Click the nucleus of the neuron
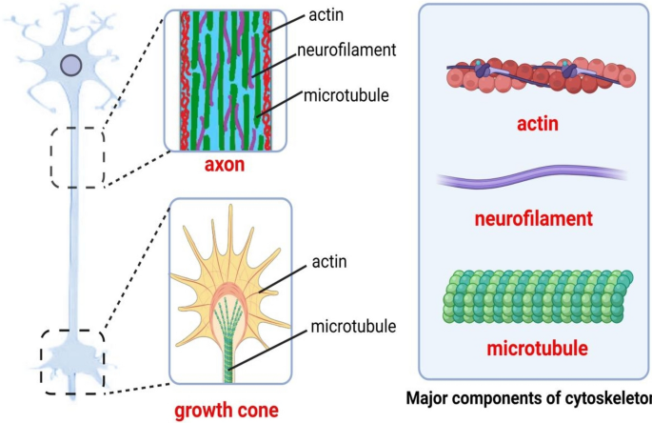(70, 66)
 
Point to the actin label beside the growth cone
(329, 259)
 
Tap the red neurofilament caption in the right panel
(534, 219)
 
